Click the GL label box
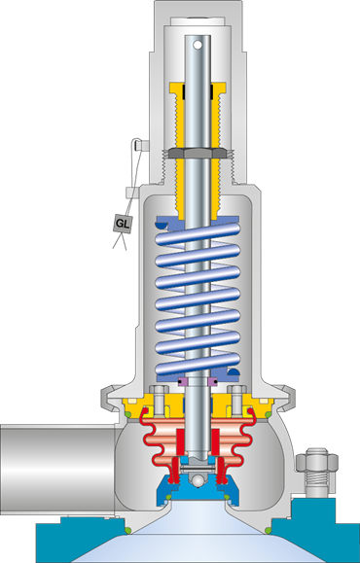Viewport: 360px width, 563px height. tap(123, 223)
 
